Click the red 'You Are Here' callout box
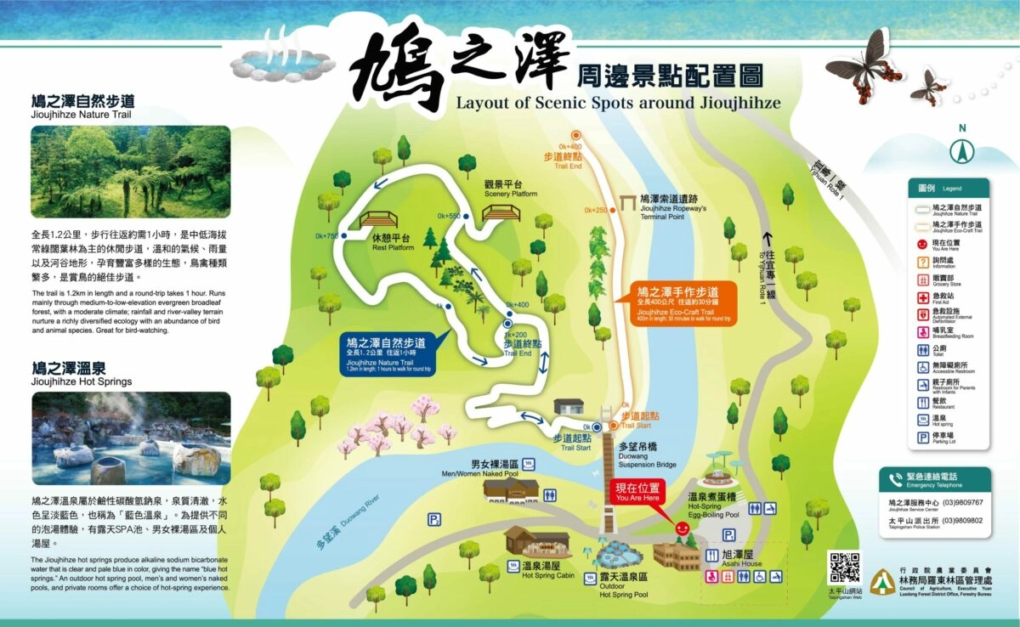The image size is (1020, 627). pos(637,493)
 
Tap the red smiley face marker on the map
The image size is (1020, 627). pos(681,528)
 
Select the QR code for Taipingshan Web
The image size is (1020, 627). pos(845,568)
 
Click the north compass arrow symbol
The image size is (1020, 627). pos(962,151)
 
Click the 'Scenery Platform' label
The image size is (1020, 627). pos(511,189)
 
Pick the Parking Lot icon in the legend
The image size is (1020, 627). pos(923,438)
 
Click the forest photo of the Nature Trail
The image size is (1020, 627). pos(131,172)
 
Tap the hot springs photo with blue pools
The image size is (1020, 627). pos(131,438)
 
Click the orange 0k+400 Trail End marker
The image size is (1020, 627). pos(575,134)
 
